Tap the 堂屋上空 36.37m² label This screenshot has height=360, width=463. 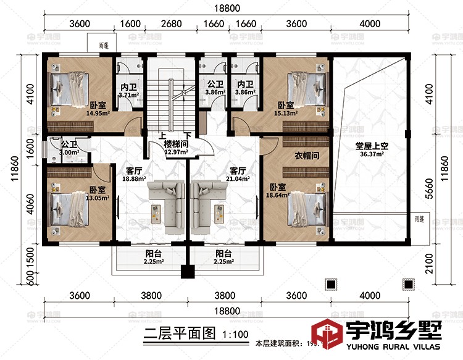(370, 150)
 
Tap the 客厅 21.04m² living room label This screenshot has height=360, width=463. (239, 174)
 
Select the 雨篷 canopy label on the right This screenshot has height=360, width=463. (420, 219)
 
